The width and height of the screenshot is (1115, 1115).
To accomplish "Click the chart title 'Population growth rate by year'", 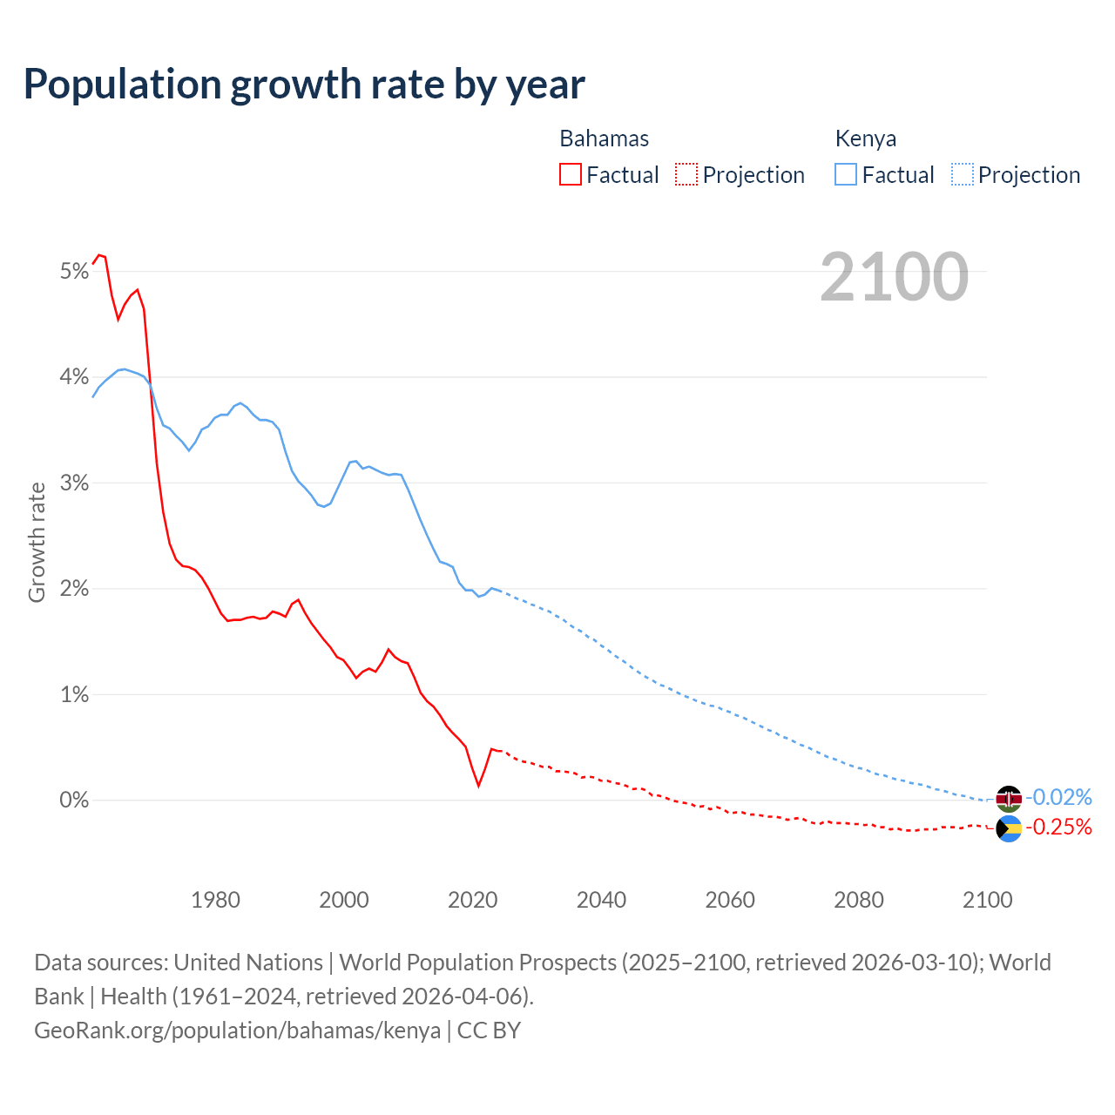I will (304, 84).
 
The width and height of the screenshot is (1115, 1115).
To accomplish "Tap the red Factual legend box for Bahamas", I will (570, 174).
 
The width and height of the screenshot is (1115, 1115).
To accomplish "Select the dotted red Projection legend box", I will (686, 174).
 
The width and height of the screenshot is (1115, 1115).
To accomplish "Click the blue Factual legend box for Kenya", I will (845, 174).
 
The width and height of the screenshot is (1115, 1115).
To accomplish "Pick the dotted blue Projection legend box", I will (962, 174).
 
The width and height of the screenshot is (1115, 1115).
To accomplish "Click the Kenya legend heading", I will (865, 139).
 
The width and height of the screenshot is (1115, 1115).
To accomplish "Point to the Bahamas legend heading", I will (604, 139).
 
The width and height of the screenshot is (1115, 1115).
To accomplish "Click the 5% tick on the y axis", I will (75, 272).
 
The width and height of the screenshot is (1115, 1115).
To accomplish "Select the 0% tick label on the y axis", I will (75, 800).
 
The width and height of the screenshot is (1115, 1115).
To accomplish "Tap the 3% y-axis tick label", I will (75, 483).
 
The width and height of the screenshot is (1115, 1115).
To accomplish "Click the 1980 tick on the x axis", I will (215, 900).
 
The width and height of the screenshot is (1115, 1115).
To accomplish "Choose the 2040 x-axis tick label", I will (601, 900).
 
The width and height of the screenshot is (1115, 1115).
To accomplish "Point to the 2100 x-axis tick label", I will (987, 900).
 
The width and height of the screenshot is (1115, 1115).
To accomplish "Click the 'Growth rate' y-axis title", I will (37, 542).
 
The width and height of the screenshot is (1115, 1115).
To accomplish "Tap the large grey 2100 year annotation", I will (894, 277).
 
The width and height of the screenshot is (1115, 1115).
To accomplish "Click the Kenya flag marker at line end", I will (1009, 798).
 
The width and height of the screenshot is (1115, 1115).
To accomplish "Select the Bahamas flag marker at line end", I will (1009, 828).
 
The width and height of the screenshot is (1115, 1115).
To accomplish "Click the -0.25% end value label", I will (1058, 827).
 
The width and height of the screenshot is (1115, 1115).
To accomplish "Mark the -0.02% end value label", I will (1058, 797).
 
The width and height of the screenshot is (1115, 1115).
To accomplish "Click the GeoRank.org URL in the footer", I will (237, 1030).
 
